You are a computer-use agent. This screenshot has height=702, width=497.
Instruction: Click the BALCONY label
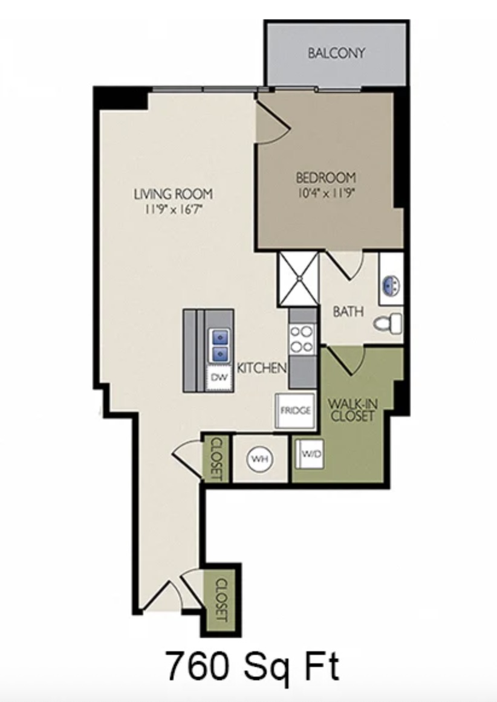tap(336, 53)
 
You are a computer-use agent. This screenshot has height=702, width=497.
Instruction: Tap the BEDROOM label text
tap(326, 178)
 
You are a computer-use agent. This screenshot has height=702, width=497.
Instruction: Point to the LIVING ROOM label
tap(174, 194)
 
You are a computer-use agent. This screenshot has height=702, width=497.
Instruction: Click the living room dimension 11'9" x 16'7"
tap(174, 209)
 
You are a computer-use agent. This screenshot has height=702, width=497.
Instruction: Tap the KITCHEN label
tap(261, 368)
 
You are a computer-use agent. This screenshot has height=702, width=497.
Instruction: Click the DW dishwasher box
tap(219, 378)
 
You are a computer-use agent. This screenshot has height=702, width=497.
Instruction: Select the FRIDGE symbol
tap(295, 410)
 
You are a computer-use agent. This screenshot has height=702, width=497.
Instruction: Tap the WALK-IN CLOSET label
tap(352, 409)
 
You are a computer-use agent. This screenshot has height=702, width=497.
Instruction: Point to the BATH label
tap(348, 312)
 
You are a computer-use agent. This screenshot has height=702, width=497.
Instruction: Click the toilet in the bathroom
tap(388, 323)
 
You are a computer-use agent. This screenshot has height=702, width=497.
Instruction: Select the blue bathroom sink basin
tap(392, 285)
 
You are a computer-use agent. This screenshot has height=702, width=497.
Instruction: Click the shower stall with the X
tap(298, 279)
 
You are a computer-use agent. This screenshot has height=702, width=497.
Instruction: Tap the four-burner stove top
tap(301, 340)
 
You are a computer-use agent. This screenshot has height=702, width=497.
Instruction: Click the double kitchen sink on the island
tap(219, 345)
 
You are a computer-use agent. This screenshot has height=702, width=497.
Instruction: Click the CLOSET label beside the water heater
tap(216, 459)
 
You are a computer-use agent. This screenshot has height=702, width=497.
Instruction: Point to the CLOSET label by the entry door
tap(222, 601)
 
